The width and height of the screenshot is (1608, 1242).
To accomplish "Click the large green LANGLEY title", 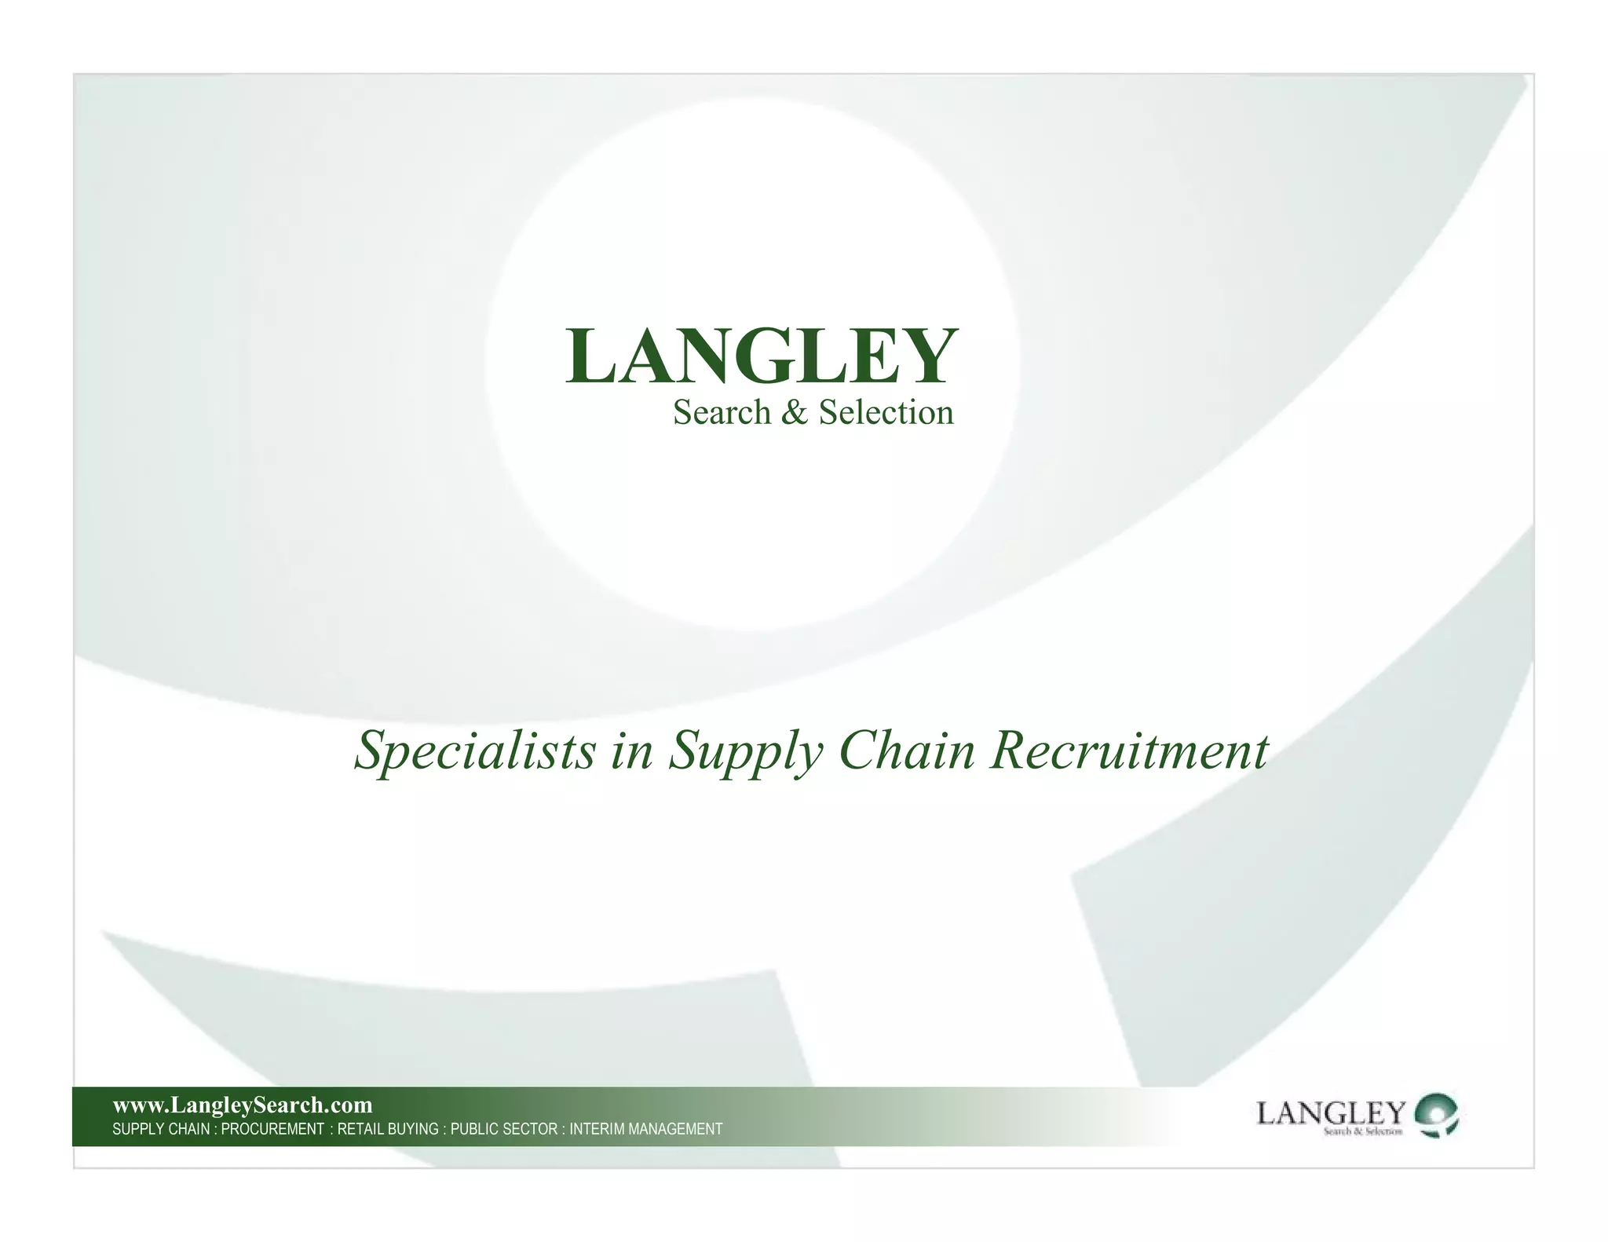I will [761, 357].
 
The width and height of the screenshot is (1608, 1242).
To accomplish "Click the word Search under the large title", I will [722, 412].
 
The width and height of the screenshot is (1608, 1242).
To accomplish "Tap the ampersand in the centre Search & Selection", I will [795, 413].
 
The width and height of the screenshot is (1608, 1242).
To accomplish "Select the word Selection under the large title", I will [886, 412].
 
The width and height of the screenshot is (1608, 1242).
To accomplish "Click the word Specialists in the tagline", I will [474, 750].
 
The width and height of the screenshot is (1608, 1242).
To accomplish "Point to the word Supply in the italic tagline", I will [745, 751].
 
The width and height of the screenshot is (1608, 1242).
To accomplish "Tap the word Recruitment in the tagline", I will [1129, 750].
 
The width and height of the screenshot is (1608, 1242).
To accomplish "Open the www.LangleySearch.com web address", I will [243, 1105].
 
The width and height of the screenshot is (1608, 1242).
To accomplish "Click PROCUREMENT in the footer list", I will [272, 1129].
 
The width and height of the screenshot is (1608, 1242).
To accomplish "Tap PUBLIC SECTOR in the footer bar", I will [503, 1129].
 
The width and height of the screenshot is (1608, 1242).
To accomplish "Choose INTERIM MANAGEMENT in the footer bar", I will [645, 1129].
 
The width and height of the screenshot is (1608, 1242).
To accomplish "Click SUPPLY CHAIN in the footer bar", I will [161, 1129].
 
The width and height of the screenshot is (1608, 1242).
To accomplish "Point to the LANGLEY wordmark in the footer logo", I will [1331, 1112].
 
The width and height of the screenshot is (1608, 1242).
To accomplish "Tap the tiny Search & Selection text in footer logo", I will [1362, 1131].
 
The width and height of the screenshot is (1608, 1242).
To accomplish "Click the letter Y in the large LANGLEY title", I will [926, 357].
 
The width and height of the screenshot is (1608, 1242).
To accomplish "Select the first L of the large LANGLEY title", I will [590, 357].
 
